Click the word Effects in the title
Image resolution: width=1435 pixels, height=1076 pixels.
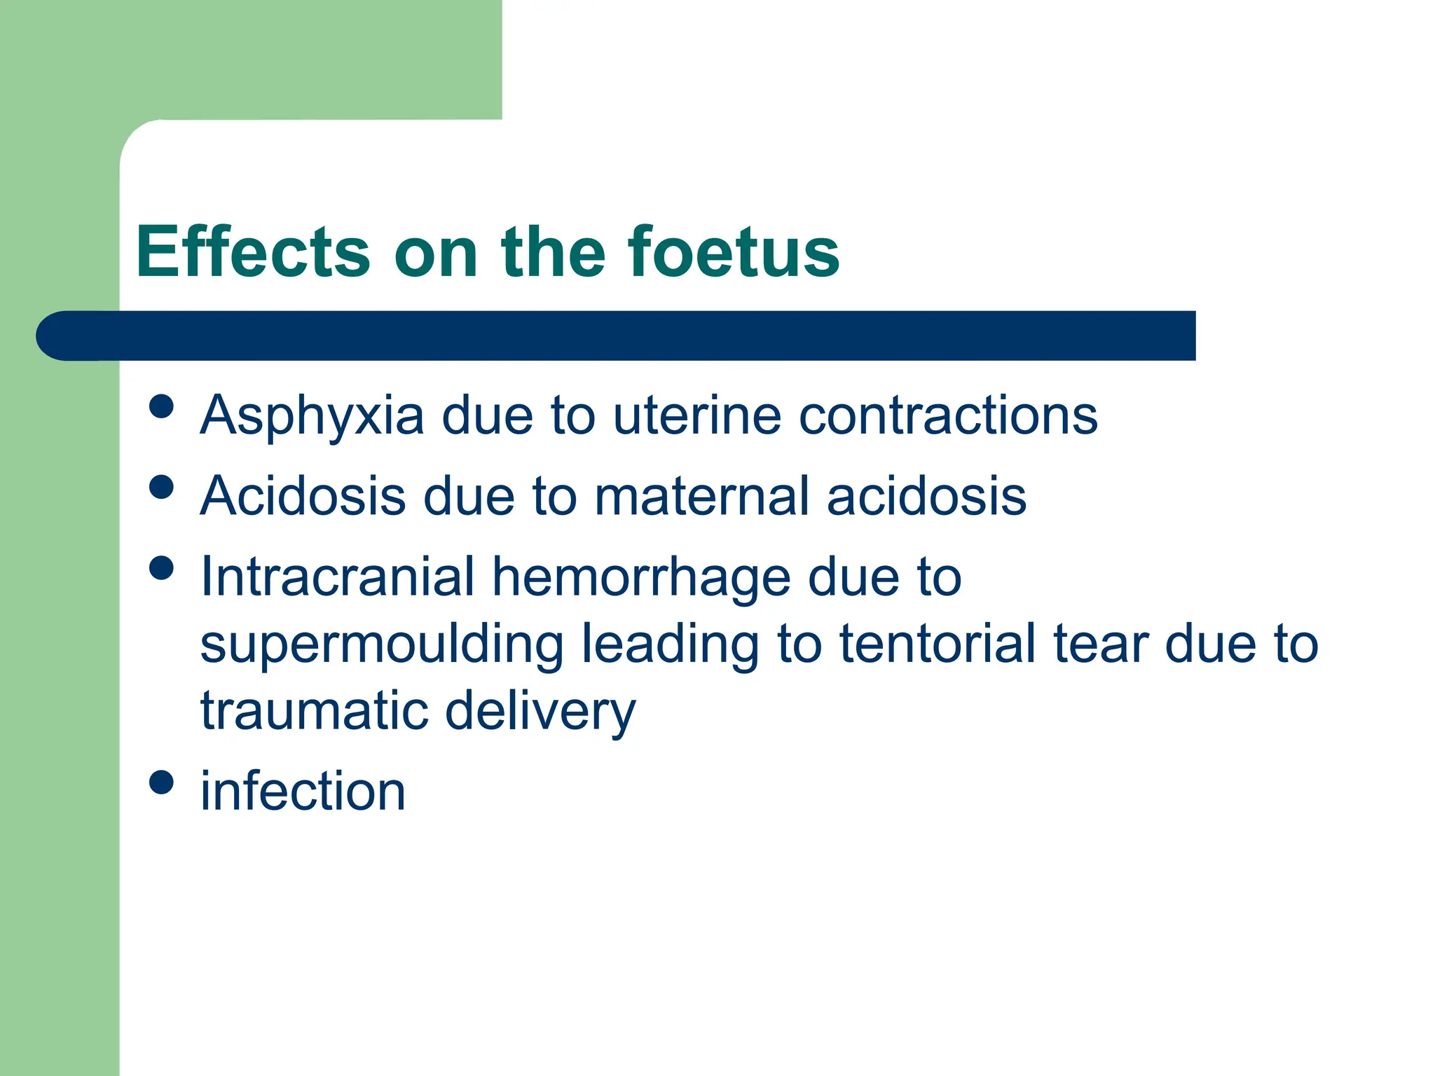tap(252, 252)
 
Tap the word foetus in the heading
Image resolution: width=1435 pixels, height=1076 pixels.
tap(733, 252)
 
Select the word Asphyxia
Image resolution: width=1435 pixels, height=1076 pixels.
tap(312, 417)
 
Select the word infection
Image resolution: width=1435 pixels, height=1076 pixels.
tap(303, 792)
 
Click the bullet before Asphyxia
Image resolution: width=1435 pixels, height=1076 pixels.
tap(162, 406)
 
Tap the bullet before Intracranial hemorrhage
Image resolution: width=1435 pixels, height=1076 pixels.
tap(162, 567)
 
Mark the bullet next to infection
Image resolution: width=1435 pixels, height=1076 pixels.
tap(162, 782)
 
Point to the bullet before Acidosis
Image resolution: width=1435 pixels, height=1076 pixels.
tap(162, 487)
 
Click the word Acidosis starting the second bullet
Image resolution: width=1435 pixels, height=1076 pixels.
tap(303, 496)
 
